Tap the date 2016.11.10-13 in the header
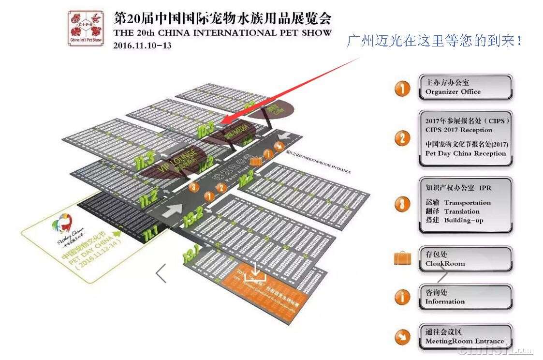(142, 45)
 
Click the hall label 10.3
(206, 129)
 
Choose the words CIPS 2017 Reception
(458, 130)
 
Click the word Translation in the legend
(462, 211)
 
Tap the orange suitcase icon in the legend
(402, 259)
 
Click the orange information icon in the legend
(402, 297)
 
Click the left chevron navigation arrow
(161, 273)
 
